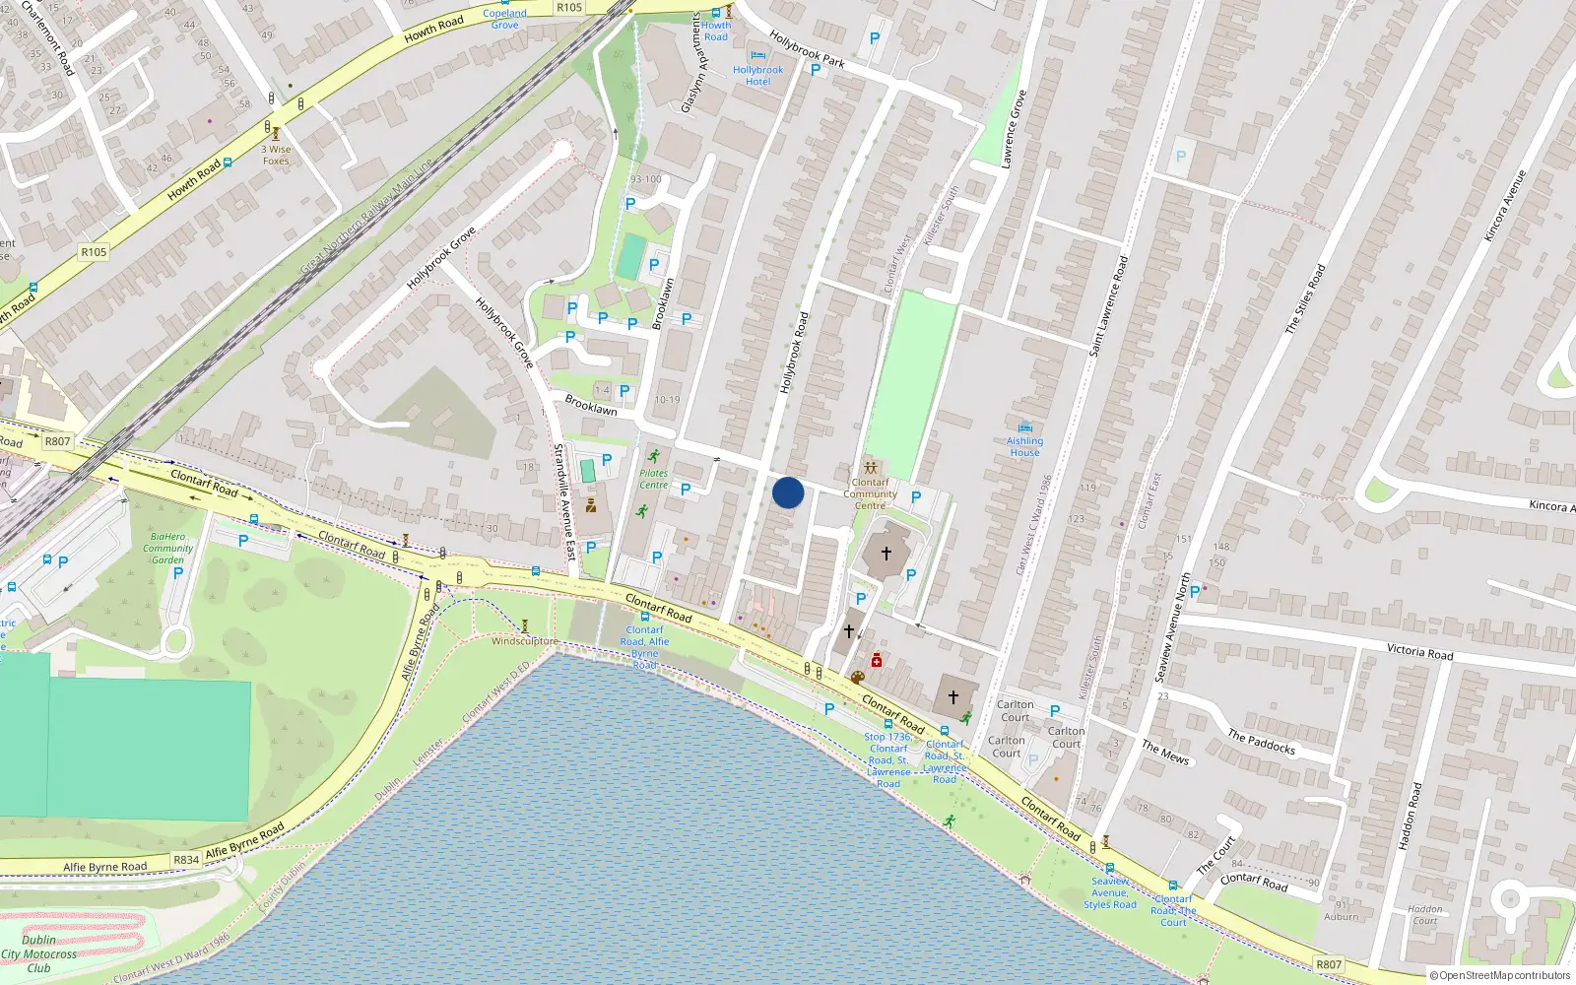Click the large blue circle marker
(x=788, y=492)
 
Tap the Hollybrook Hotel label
(x=757, y=76)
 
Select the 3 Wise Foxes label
(x=276, y=156)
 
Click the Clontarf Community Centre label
(x=870, y=493)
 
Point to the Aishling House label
(x=1024, y=447)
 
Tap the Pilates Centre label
(x=653, y=479)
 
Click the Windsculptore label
(x=525, y=641)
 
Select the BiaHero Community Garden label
(x=167, y=549)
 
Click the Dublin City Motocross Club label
(x=38, y=953)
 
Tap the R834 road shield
(x=186, y=859)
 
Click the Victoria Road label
(x=1419, y=651)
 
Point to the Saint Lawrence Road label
(x=1108, y=305)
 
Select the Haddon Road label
(x=1410, y=817)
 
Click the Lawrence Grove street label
(x=1014, y=129)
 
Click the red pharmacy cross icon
(x=877, y=661)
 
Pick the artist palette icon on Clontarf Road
(x=857, y=678)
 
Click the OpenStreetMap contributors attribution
(x=1499, y=975)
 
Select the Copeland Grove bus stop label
(x=504, y=19)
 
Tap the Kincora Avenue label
(x=1504, y=206)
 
